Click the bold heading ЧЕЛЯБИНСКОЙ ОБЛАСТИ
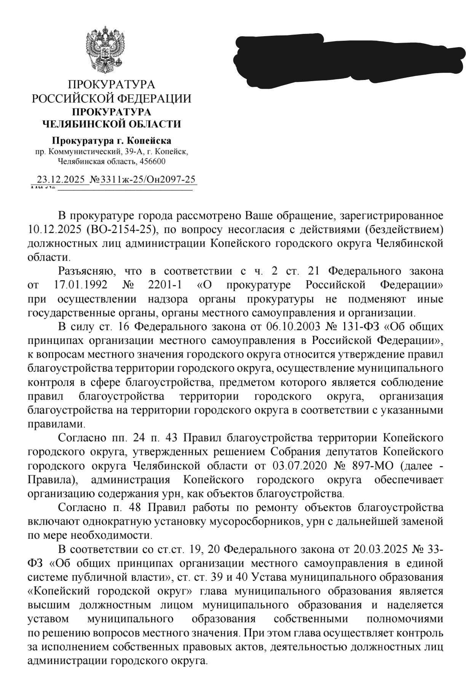(111, 124)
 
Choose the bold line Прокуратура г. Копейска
(111, 141)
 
